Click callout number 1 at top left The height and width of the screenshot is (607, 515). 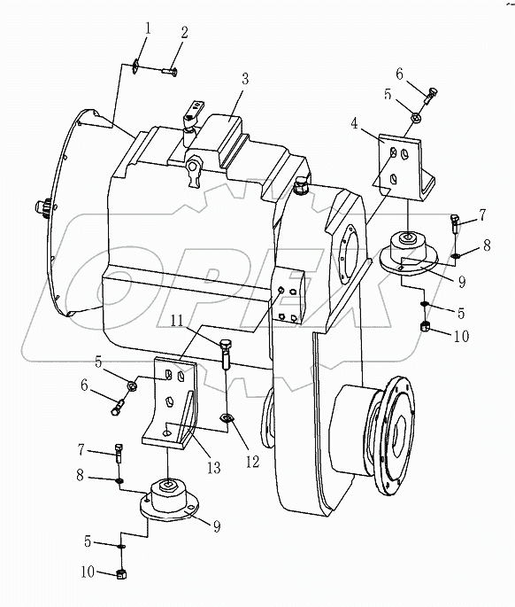point(147,27)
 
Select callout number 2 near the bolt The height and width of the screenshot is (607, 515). point(184,33)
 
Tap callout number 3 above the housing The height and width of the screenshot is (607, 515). point(244,79)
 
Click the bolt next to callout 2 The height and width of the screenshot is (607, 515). point(170,70)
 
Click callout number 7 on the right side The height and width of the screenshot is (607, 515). point(483,214)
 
